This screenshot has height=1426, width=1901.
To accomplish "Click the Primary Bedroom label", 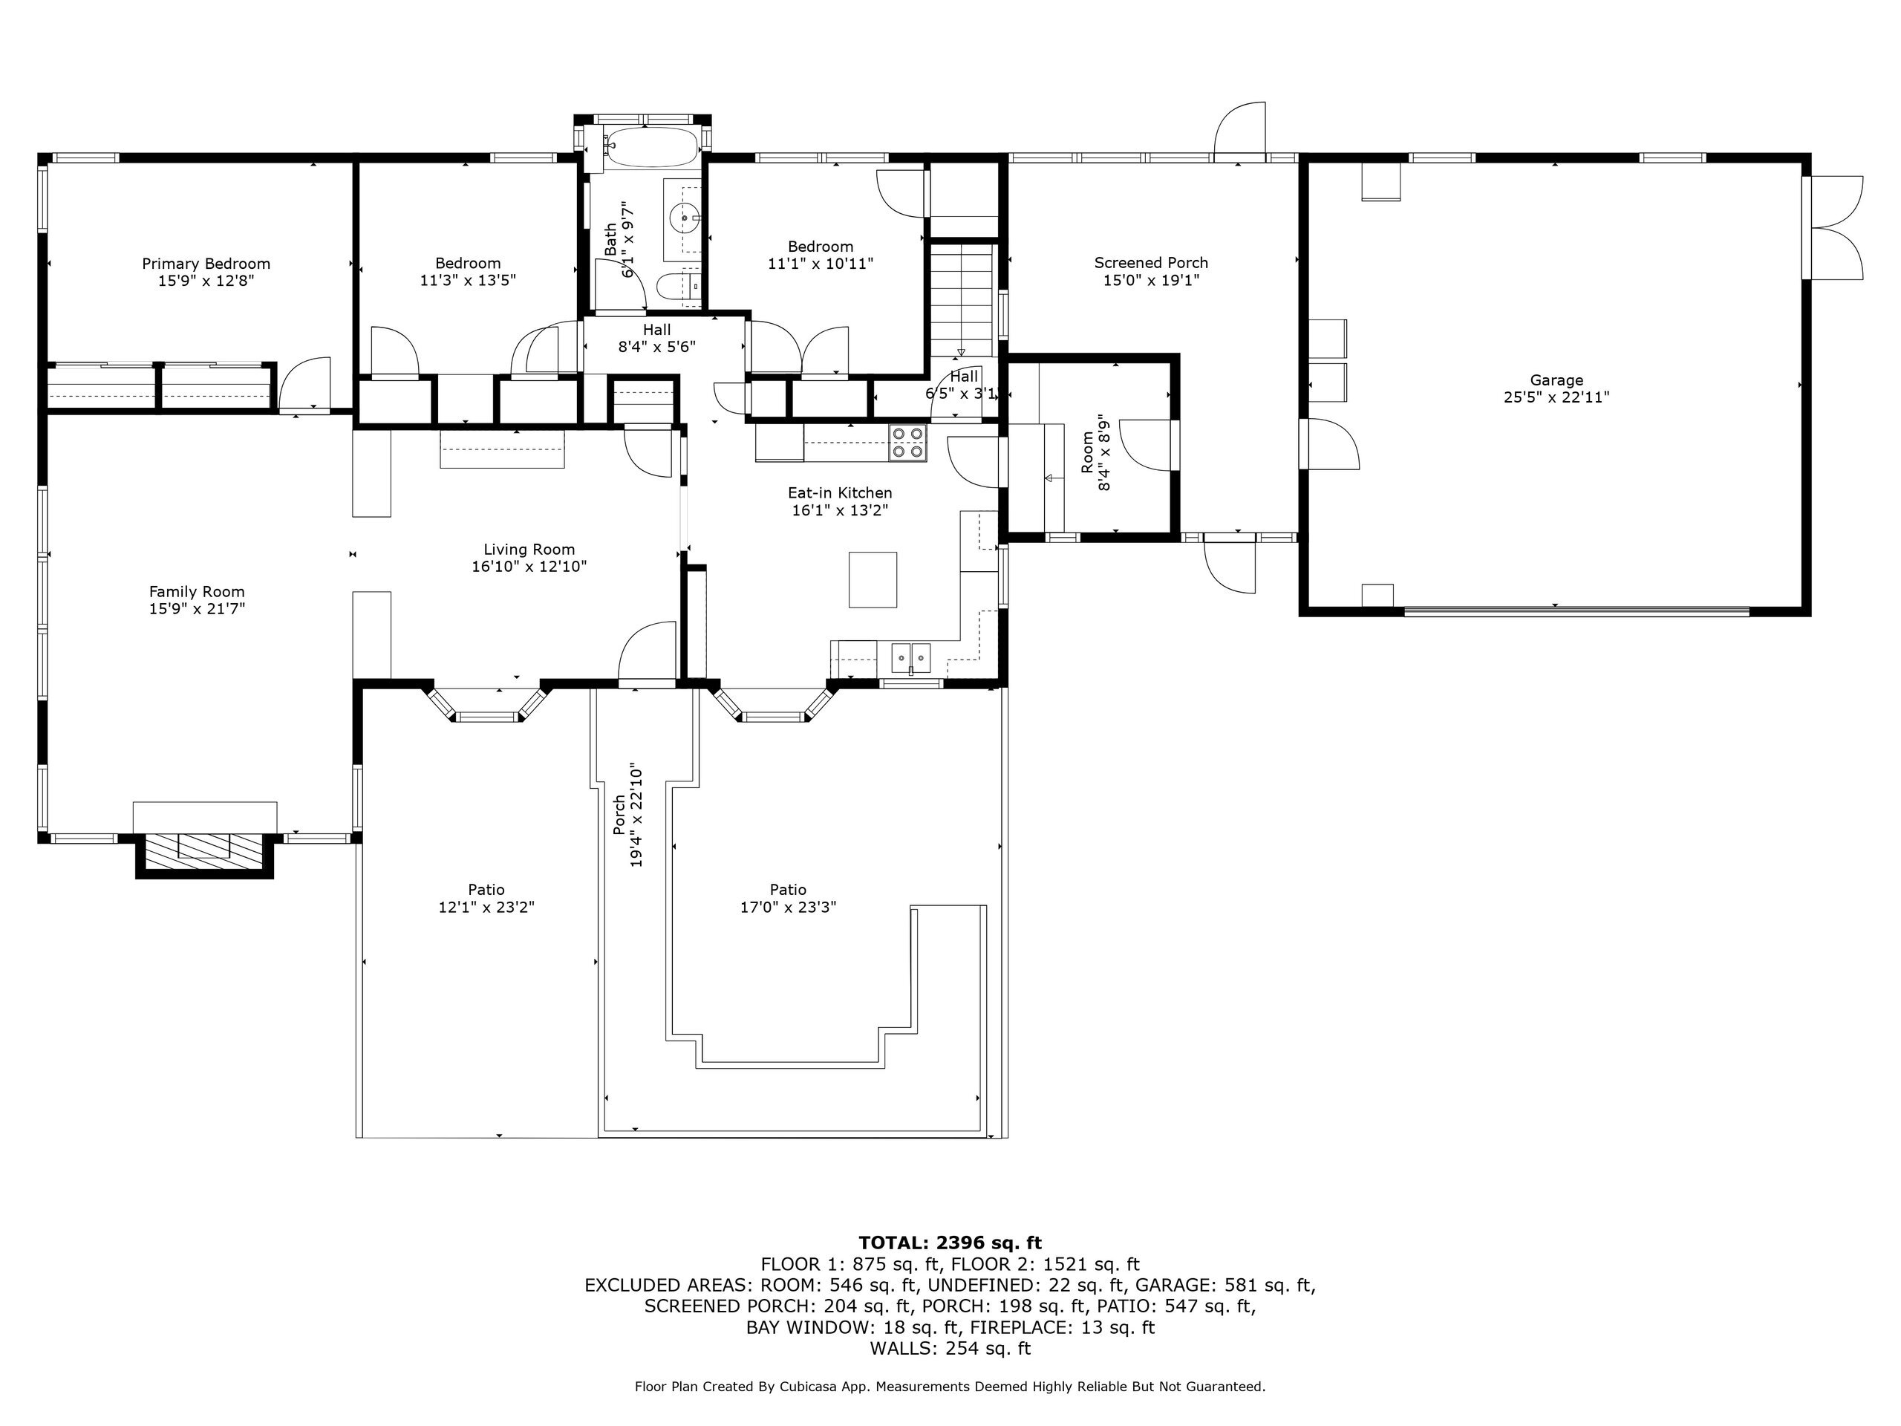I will [206, 264].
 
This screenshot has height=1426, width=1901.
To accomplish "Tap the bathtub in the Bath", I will [650, 149].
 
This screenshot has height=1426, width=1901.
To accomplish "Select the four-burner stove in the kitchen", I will [907, 442].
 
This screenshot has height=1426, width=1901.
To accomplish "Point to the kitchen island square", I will [873, 579].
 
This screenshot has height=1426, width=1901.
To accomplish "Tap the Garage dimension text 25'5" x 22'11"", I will [1556, 397].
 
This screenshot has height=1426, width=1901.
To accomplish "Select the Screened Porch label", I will [1151, 263].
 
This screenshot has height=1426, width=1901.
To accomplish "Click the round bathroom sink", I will [685, 218].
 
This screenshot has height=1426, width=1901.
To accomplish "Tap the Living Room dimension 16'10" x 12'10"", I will [529, 567].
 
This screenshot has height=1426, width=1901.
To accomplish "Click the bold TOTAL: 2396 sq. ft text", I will [950, 1242].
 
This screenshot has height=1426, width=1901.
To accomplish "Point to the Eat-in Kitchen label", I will [840, 492].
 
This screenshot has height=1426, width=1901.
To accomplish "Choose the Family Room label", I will [197, 591].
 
